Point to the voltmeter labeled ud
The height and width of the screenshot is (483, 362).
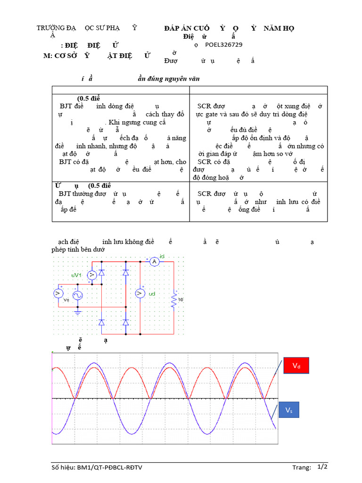tap(140, 293)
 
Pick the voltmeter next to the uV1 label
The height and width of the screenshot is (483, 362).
tap(93, 275)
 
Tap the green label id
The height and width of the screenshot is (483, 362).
tap(162, 256)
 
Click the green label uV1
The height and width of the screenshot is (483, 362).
tap(76, 275)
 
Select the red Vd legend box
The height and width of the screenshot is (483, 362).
tap(296, 366)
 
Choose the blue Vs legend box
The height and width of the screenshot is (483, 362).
tap(289, 410)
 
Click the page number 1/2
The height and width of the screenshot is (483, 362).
tap(322, 467)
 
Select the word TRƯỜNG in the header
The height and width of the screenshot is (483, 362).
tap(50, 28)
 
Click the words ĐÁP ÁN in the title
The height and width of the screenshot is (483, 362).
tap(177, 28)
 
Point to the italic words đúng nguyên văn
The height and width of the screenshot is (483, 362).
tap(173, 79)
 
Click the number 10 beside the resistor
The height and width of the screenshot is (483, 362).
tap(181, 300)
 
